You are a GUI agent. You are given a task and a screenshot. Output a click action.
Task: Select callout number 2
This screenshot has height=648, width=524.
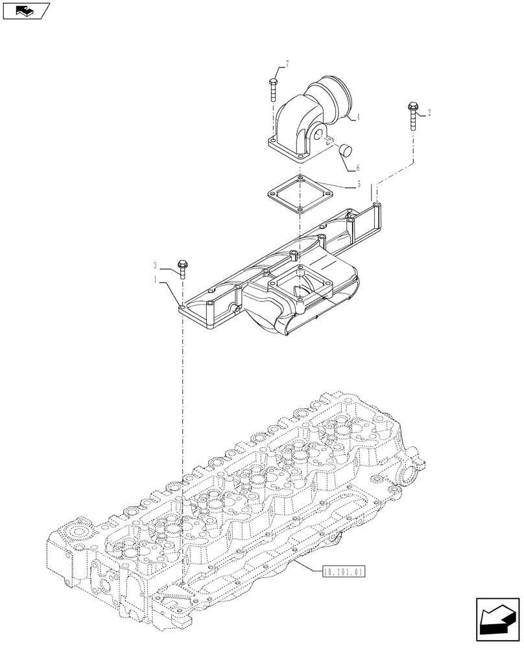point(429,113)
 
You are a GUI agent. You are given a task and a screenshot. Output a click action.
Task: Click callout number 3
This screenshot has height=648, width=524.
point(155,266)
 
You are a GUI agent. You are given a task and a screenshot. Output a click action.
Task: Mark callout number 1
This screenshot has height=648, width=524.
point(155,279)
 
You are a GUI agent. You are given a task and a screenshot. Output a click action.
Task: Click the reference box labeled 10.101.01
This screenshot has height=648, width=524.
point(343,572)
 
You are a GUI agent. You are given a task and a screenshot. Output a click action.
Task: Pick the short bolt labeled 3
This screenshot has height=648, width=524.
point(182,268)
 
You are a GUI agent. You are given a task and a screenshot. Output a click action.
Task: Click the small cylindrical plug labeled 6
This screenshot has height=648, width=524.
point(345,150)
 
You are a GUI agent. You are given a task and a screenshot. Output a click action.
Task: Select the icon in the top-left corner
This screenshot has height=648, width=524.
point(26,10)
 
